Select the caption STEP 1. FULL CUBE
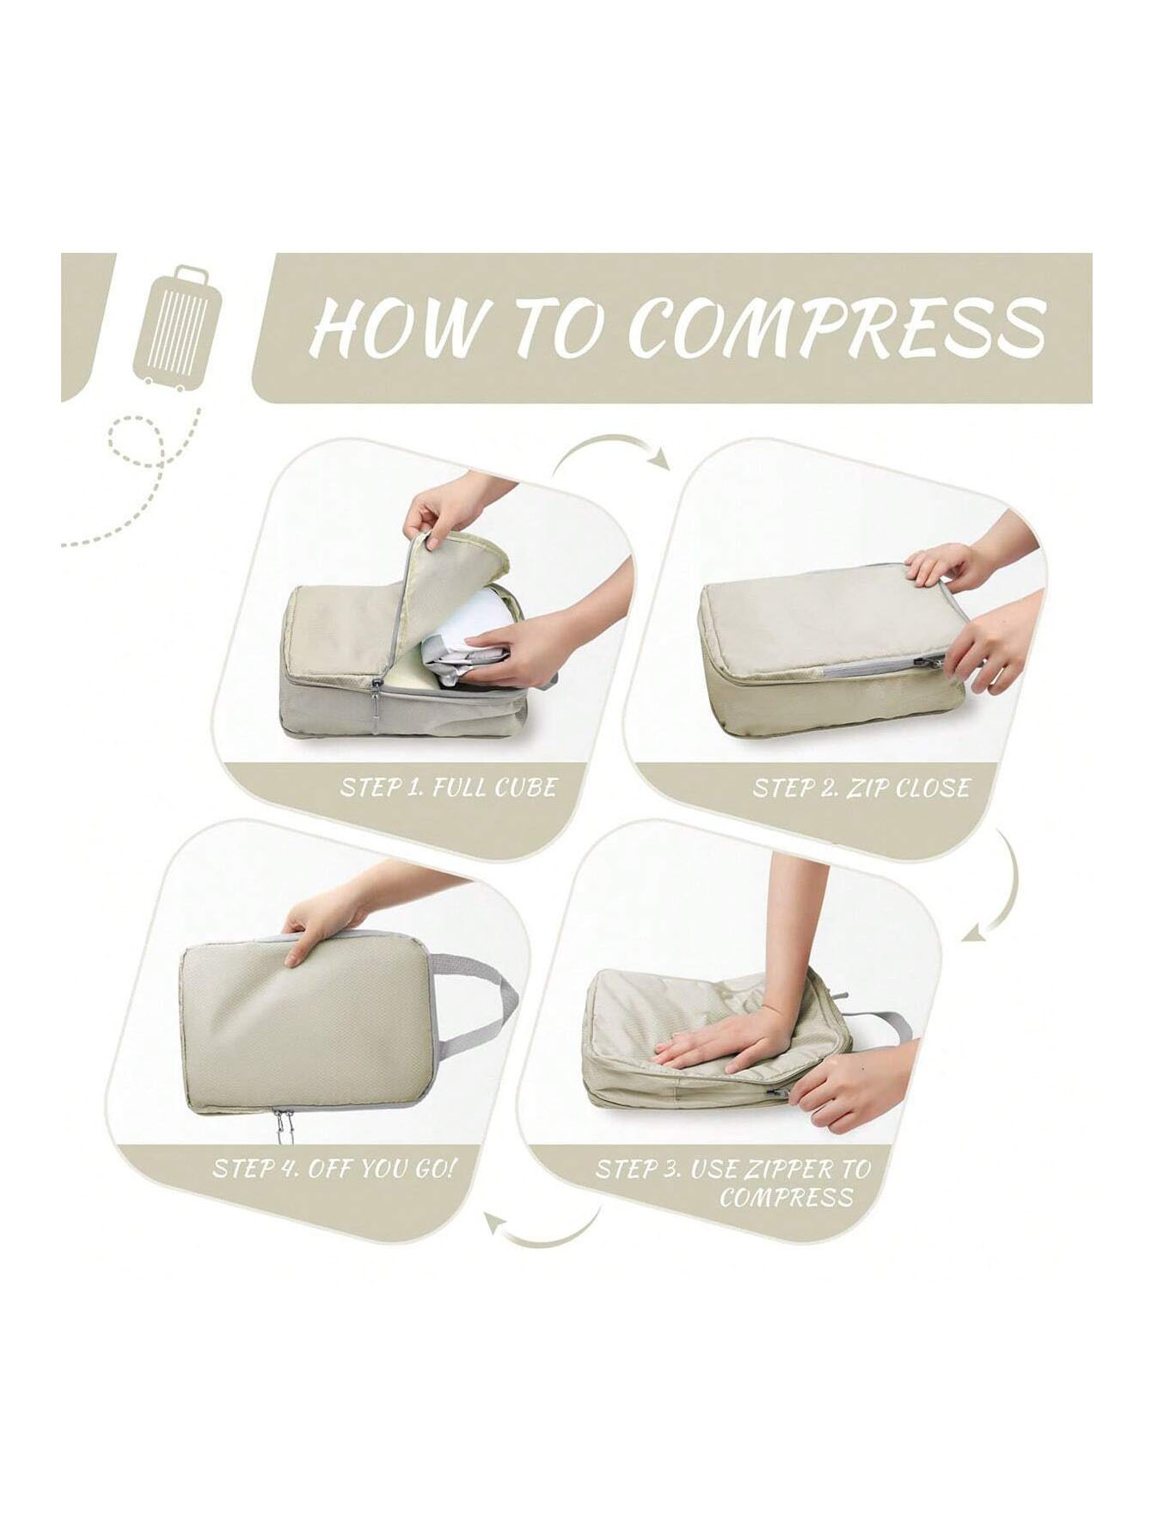pyautogui.click(x=448, y=786)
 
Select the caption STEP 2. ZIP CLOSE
pyautogui.click(x=861, y=788)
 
